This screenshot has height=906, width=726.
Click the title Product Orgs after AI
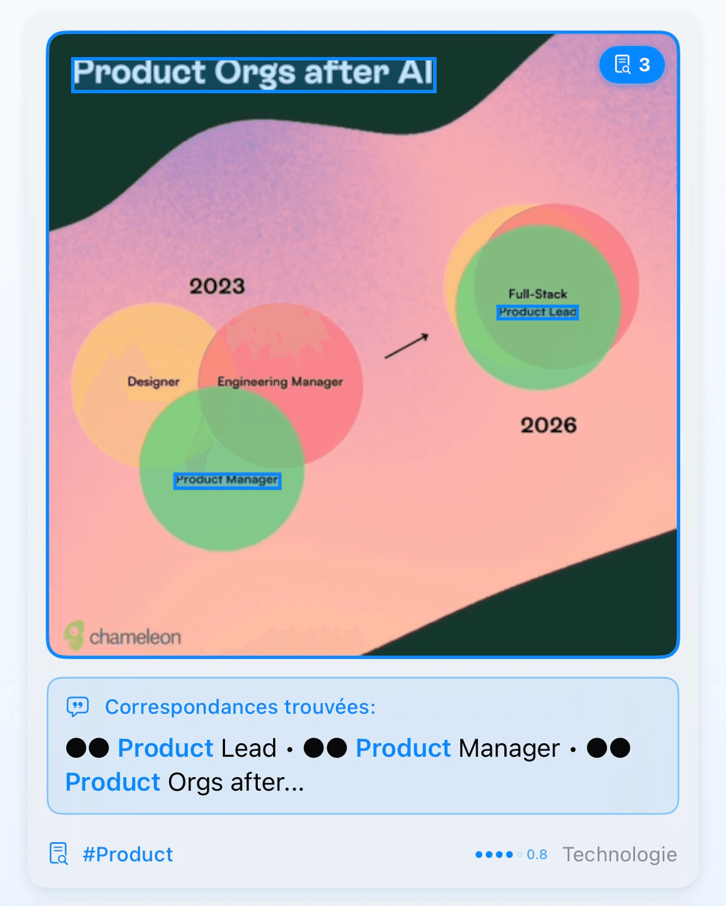click(x=253, y=74)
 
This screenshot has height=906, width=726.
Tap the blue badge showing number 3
click(x=632, y=65)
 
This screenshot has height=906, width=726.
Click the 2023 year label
click(x=217, y=286)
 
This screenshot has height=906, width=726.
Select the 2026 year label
click(x=548, y=425)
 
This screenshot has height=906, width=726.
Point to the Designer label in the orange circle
click(x=153, y=382)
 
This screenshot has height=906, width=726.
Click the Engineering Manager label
click(x=280, y=382)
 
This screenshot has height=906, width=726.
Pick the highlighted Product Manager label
click(x=227, y=480)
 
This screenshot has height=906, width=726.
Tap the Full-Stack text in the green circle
click(x=537, y=294)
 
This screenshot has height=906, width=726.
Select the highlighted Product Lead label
click(x=537, y=312)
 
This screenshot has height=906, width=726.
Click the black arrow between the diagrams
click(x=407, y=346)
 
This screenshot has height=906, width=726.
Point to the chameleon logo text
click(x=135, y=637)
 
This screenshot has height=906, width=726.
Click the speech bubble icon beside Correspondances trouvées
click(x=77, y=706)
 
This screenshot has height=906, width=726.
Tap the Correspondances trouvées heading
click(x=240, y=706)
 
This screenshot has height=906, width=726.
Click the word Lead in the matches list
click(x=249, y=748)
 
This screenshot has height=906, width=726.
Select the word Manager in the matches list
click(x=509, y=748)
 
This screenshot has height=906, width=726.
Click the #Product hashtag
click(x=128, y=854)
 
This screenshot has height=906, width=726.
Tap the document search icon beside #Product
click(x=59, y=853)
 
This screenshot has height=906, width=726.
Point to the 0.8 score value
click(x=537, y=855)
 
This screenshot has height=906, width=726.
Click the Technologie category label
click(x=620, y=855)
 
